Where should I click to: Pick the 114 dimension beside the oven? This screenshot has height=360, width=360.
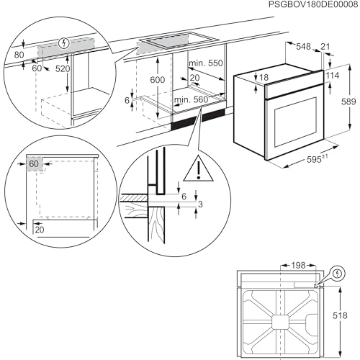click(332, 76)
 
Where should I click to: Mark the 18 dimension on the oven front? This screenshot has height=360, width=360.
click(263, 77)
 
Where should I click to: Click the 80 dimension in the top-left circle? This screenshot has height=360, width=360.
click(18, 53)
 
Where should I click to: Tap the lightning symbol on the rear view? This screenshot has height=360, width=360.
click(338, 274)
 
